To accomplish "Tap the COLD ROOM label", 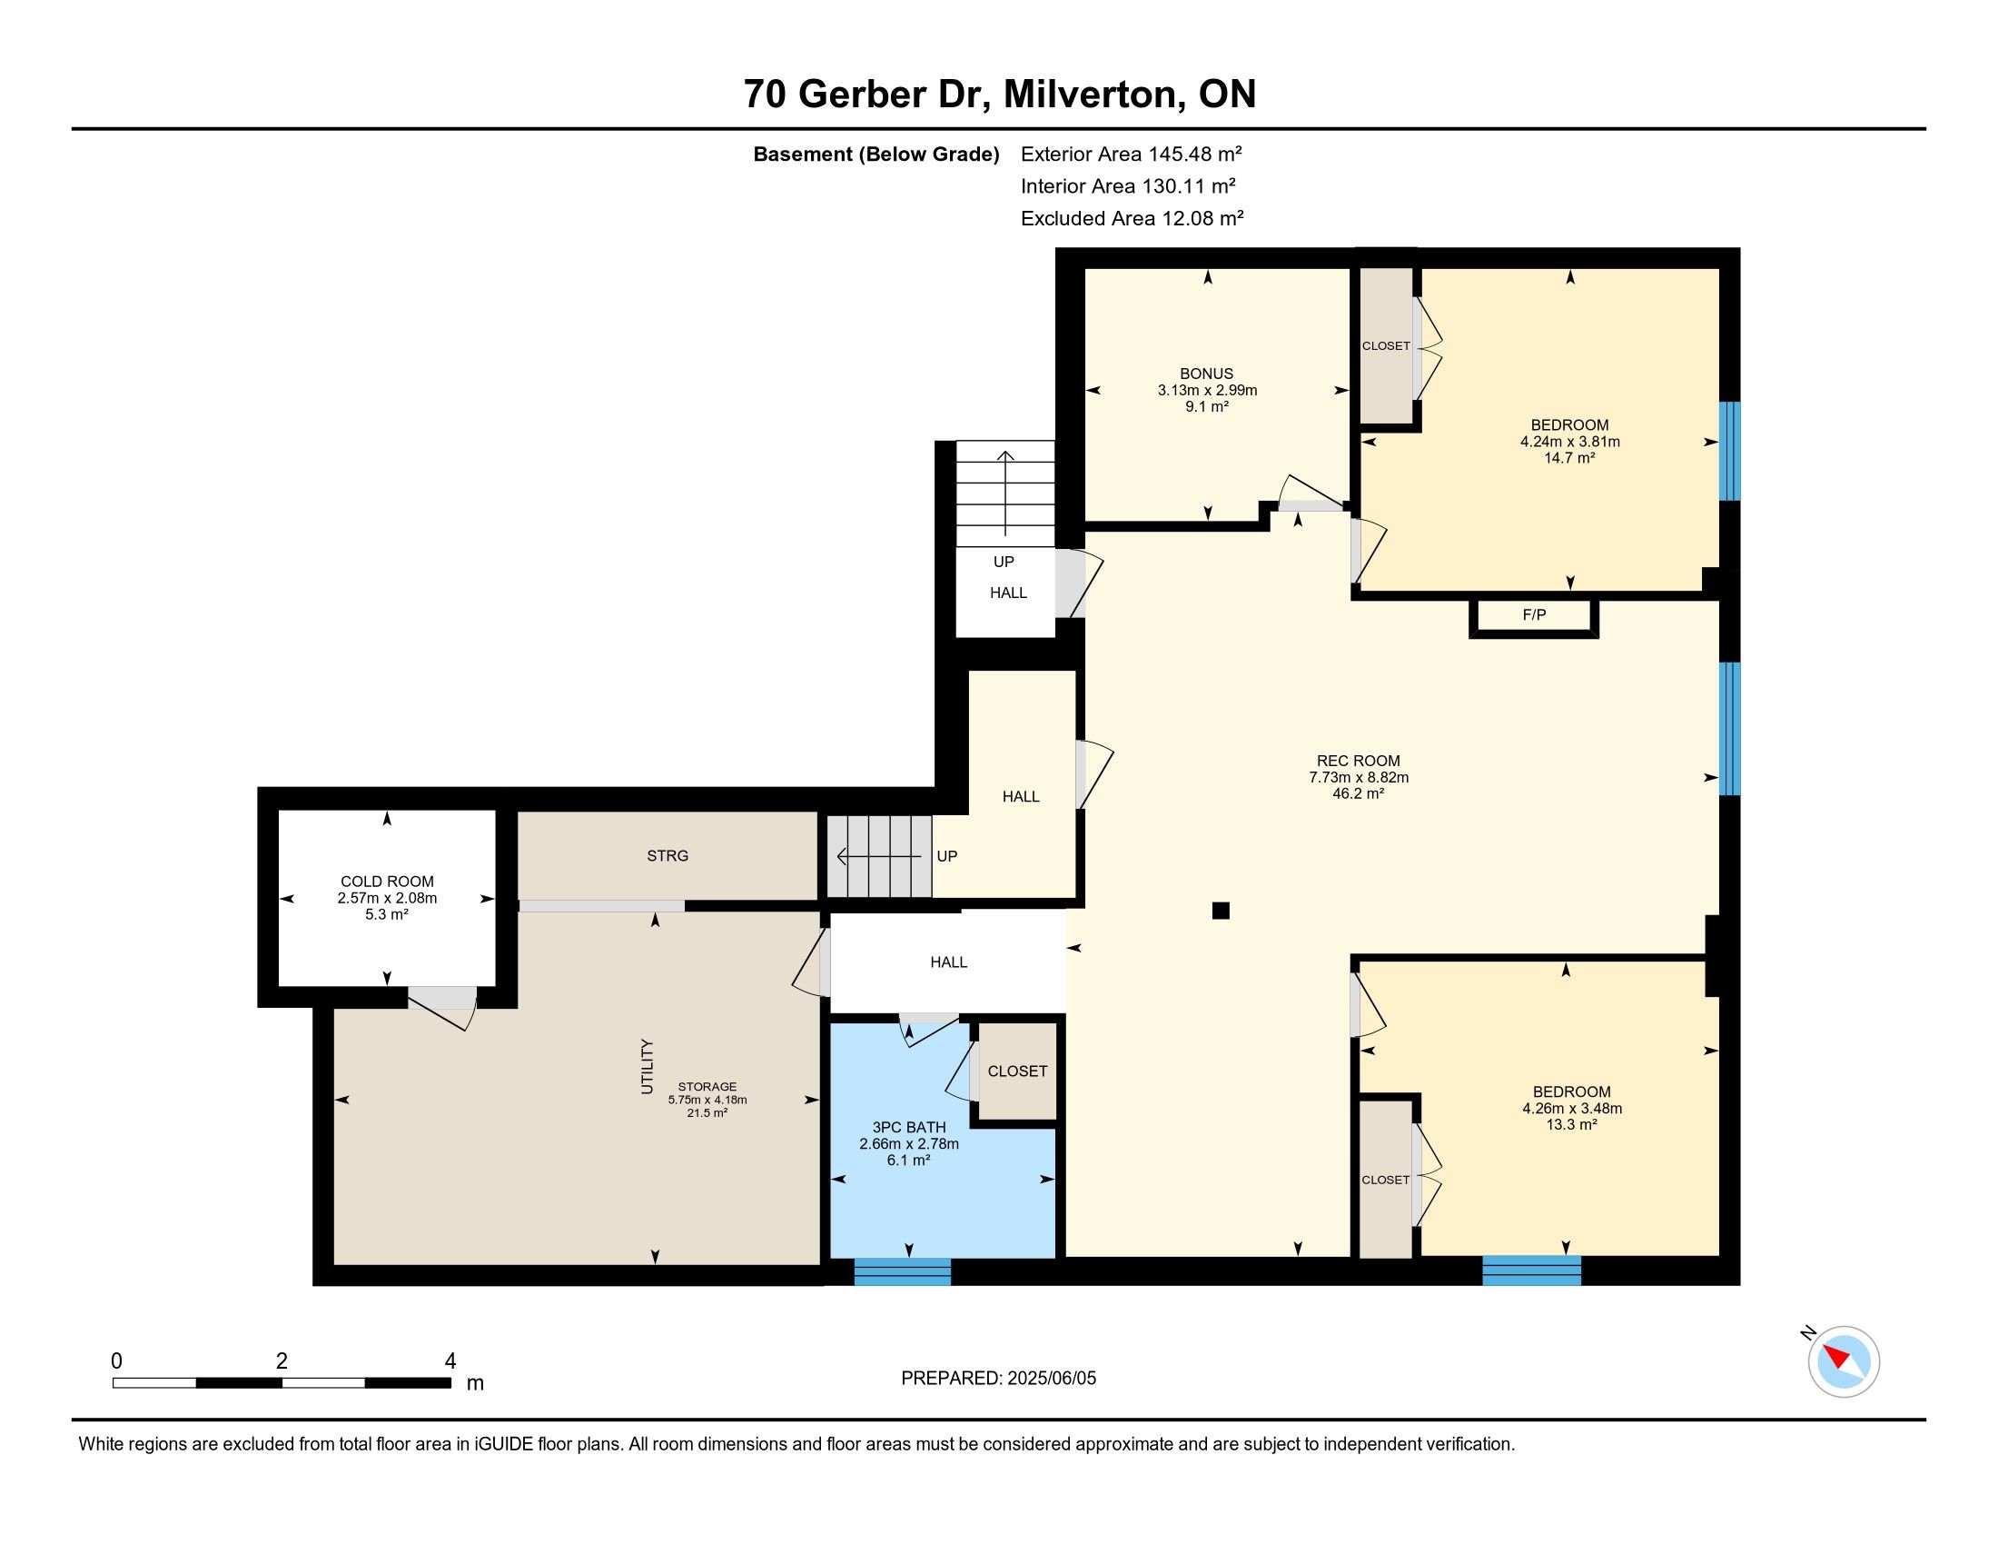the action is (387, 882).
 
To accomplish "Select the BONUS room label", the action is (1207, 374).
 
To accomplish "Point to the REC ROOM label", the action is (1359, 761).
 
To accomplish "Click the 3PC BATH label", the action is (909, 1128).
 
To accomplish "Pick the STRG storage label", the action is (668, 856).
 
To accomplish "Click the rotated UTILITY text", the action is (648, 1066).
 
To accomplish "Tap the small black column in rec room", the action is (1221, 911).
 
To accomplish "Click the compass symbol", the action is (1844, 1361).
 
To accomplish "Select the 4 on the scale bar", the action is (450, 1361).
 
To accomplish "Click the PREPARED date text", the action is (998, 1379).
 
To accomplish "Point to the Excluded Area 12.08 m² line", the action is (1132, 219).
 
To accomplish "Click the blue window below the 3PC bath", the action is (902, 1272).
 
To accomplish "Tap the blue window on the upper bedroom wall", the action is (1729, 452).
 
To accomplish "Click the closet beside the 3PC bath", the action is (1017, 1071).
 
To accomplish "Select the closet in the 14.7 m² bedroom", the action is (1386, 346).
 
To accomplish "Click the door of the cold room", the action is (442, 1007).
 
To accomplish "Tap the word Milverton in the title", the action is (1089, 95).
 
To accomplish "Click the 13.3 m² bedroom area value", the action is (1572, 1125).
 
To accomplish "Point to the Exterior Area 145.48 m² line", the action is (1132, 154).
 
